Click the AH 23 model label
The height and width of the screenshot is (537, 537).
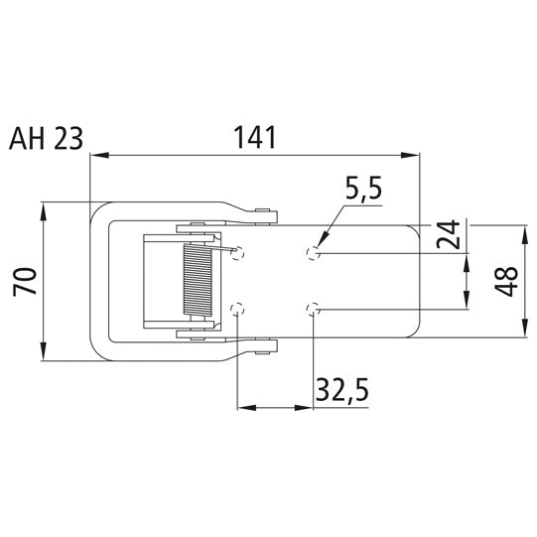coord(46,139)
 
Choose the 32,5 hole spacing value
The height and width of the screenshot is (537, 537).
coord(341,390)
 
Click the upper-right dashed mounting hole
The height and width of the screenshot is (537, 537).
coord(314,253)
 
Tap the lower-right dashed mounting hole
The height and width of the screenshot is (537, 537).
coord(314,310)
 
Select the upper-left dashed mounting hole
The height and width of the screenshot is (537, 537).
coord(236,254)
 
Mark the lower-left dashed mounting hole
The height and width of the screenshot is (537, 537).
coord(236,310)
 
